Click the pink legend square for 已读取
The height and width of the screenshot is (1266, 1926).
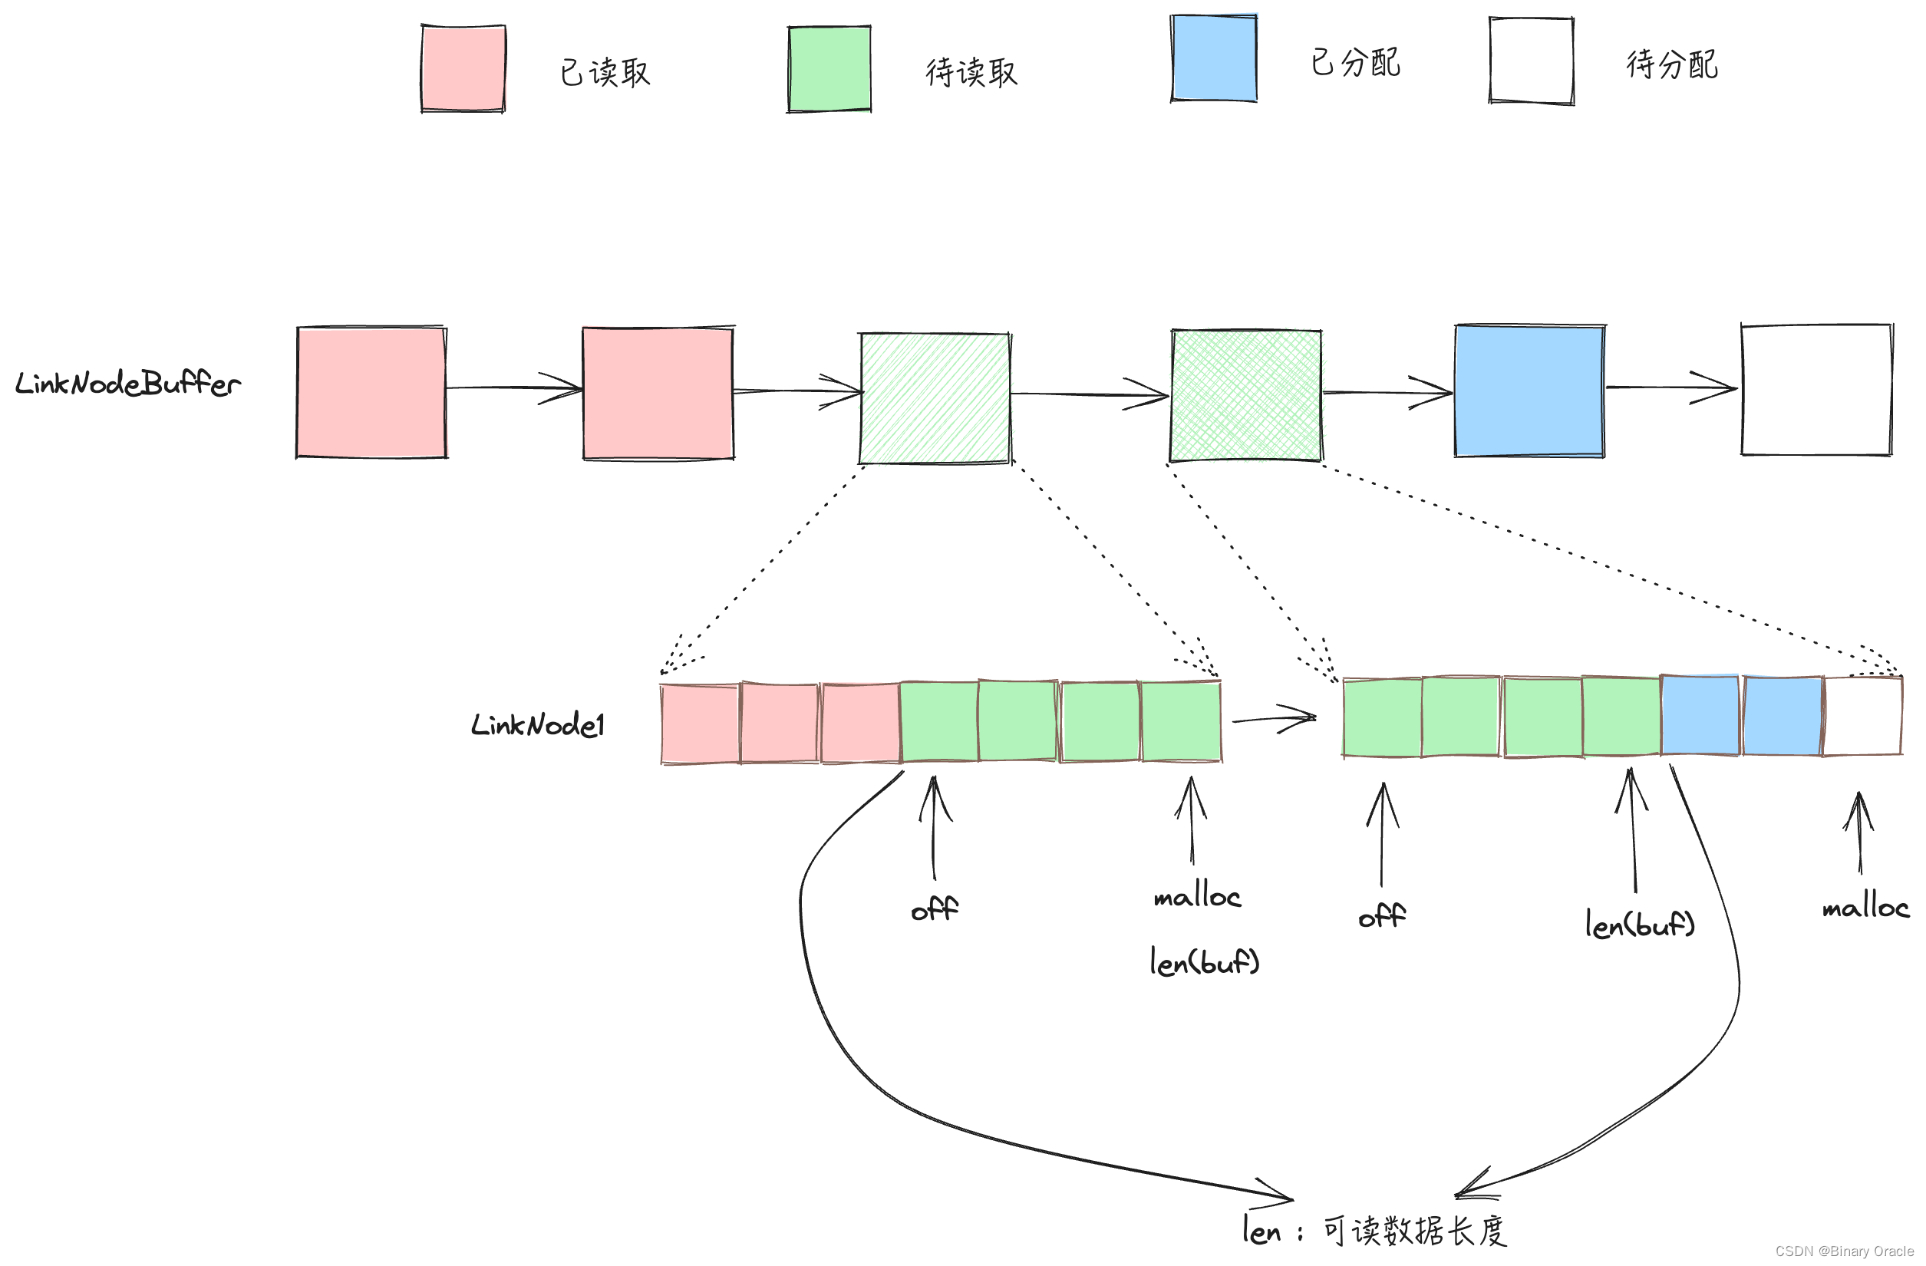coord(463,68)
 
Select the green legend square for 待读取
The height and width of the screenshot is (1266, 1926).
coord(829,69)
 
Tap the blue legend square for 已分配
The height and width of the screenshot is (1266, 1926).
coord(1214,58)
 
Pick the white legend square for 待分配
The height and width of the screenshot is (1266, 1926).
coord(1532,61)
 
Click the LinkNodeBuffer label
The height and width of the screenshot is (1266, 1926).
coord(128,384)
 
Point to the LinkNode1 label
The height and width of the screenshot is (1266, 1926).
coord(538,725)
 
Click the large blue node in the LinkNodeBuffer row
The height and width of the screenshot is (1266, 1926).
coord(1529,391)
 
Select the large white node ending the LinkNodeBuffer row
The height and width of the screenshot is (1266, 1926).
coord(1817,390)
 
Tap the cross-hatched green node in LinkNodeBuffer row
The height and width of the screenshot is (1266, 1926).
coord(1246,396)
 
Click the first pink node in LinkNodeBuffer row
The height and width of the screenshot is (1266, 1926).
coord(371,392)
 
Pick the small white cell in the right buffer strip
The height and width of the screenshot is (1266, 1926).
coord(1864,716)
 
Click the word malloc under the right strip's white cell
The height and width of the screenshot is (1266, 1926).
coord(1865,908)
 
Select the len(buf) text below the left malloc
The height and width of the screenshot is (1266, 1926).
coord(1205,963)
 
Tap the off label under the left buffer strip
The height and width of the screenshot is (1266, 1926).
coord(935,909)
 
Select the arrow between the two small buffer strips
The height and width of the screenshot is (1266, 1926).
coord(1275,717)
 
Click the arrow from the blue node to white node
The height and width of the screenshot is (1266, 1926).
coord(1672,387)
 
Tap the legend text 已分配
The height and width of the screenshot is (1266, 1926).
coord(1355,62)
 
